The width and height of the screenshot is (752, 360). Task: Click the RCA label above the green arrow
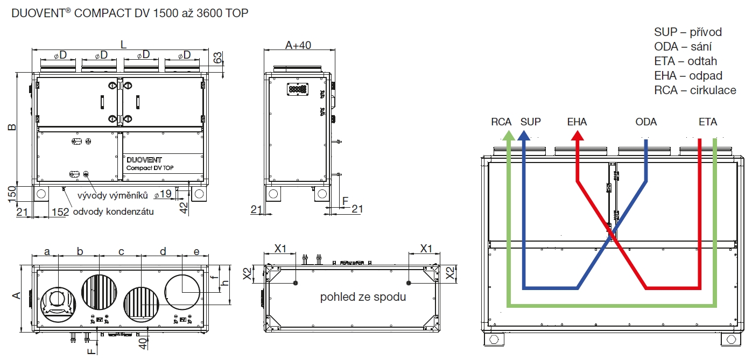501,122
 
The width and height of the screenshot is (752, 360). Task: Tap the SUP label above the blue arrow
531,122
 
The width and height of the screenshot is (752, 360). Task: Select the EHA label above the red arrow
577,122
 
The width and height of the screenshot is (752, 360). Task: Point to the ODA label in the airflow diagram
646,122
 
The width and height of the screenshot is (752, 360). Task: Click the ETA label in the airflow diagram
708,122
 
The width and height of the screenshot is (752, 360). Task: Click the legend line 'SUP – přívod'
688,32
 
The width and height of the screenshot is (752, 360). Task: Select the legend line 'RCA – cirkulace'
695,90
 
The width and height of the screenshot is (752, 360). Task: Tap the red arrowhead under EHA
578,136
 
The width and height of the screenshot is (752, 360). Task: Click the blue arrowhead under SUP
524,136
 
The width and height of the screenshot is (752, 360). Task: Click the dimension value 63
218,58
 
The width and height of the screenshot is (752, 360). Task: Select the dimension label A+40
298,45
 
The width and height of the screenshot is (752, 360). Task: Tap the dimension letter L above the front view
123,45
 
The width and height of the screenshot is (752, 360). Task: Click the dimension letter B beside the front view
12,127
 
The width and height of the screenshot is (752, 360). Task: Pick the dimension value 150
12,194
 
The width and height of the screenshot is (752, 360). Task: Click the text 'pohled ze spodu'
363,297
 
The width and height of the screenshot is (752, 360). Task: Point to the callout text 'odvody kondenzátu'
114,211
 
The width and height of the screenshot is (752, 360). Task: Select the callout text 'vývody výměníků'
113,195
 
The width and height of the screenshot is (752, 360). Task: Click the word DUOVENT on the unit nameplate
144,160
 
